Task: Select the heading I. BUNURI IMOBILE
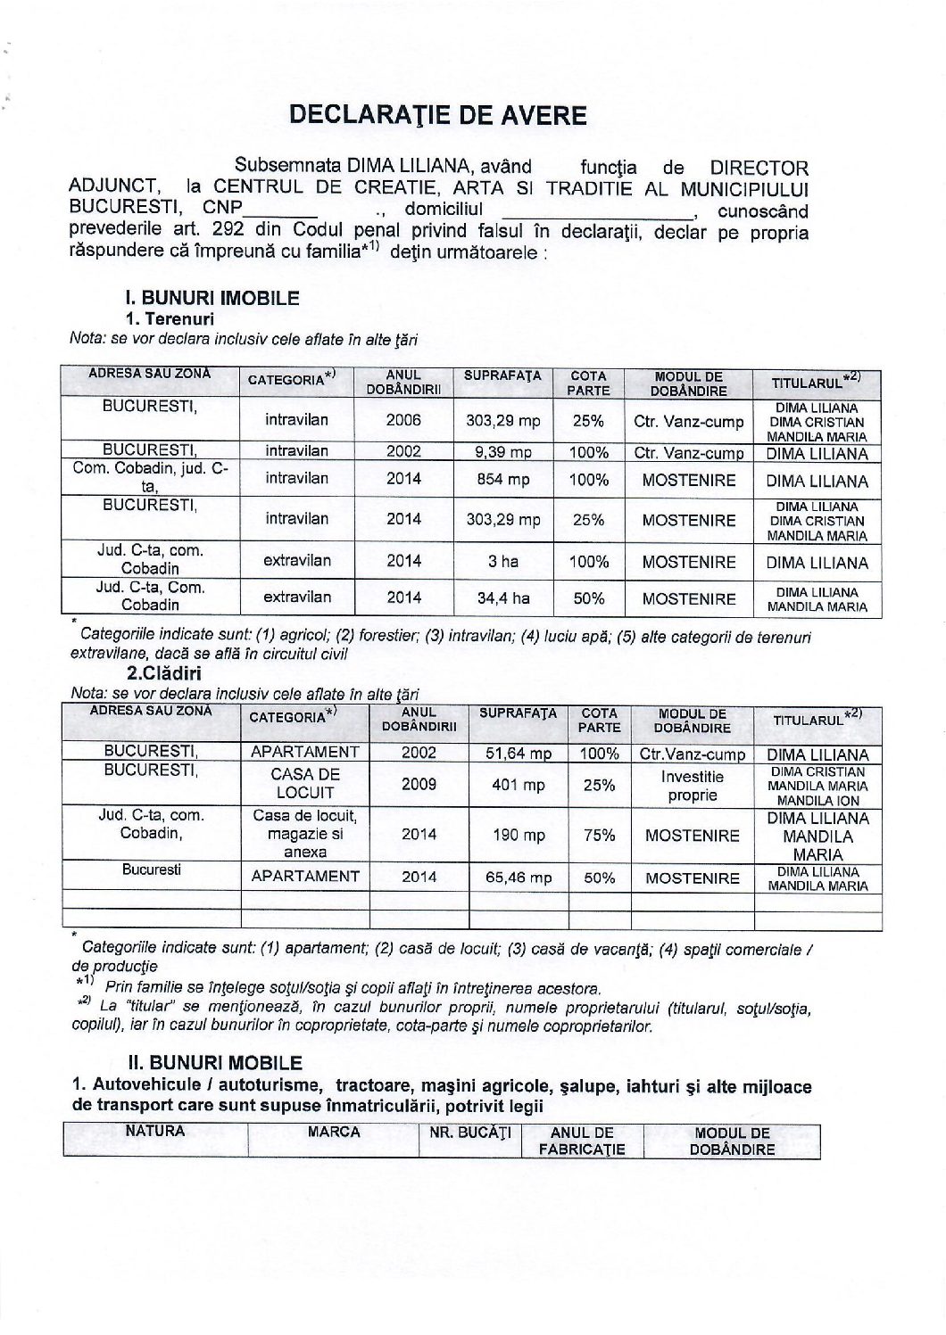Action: pyautogui.click(x=212, y=299)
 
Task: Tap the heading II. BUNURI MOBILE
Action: pyautogui.click(x=214, y=1062)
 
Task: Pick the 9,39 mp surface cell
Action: pyautogui.click(x=502, y=452)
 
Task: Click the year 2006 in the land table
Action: pyautogui.click(x=403, y=420)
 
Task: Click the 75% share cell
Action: pyautogui.click(x=599, y=835)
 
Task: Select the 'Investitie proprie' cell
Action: pyautogui.click(x=692, y=785)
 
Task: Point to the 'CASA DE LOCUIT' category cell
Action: pyautogui.click(x=304, y=783)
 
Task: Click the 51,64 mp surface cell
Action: pyautogui.click(x=519, y=754)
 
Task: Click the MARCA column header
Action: pyautogui.click(x=333, y=1133)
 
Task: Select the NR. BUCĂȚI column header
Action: pyautogui.click(x=469, y=1133)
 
